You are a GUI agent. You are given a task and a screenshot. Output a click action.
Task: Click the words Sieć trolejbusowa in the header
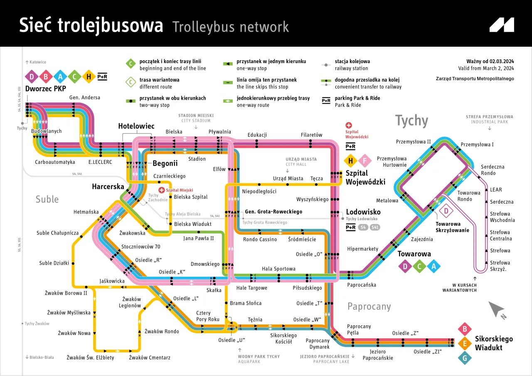pos(91,26)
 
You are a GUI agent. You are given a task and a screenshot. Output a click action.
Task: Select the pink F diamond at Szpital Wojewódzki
pos(365,161)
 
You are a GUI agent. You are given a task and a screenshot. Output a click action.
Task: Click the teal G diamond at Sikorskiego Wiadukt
pos(465,358)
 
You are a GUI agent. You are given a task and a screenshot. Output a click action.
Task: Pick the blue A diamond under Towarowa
pos(433,266)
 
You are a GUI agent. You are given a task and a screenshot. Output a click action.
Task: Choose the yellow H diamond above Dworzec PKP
pos(89,76)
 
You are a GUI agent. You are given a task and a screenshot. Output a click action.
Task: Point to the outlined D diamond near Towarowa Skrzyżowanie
pos(446,211)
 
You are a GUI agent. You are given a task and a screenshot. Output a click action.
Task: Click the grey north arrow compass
pos(497,310)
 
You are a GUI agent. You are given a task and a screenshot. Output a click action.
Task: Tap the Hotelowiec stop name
pos(136,126)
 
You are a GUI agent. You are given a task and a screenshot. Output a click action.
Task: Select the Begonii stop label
pos(165,163)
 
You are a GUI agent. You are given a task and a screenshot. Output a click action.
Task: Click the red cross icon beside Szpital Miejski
pos(162,190)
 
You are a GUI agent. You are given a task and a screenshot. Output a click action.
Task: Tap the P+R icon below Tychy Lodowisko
pos(350,227)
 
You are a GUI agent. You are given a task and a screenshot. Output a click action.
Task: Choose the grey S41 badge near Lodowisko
pos(375,227)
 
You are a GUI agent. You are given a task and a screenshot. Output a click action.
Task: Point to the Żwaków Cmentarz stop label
pos(150,357)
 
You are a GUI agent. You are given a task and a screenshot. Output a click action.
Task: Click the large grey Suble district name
pos(47,199)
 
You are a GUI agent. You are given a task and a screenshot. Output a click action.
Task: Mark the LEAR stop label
pos(496,189)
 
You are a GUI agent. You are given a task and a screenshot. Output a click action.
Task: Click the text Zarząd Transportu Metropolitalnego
pos(475,79)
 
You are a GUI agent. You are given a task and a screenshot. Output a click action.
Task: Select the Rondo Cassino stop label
pos(260,239)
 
